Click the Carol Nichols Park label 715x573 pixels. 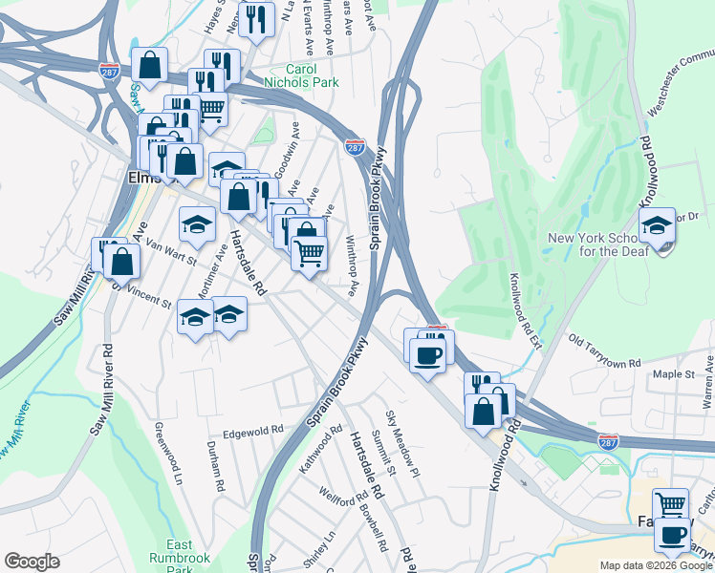coord(326,76)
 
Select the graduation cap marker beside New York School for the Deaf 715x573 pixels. coord(657,227)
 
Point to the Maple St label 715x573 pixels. coord(673,375)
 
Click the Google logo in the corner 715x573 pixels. coord(32,562)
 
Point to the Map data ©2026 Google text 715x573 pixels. coord(656,565)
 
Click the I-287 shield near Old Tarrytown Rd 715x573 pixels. coord(607,441)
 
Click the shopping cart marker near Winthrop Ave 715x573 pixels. coord(309,255)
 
